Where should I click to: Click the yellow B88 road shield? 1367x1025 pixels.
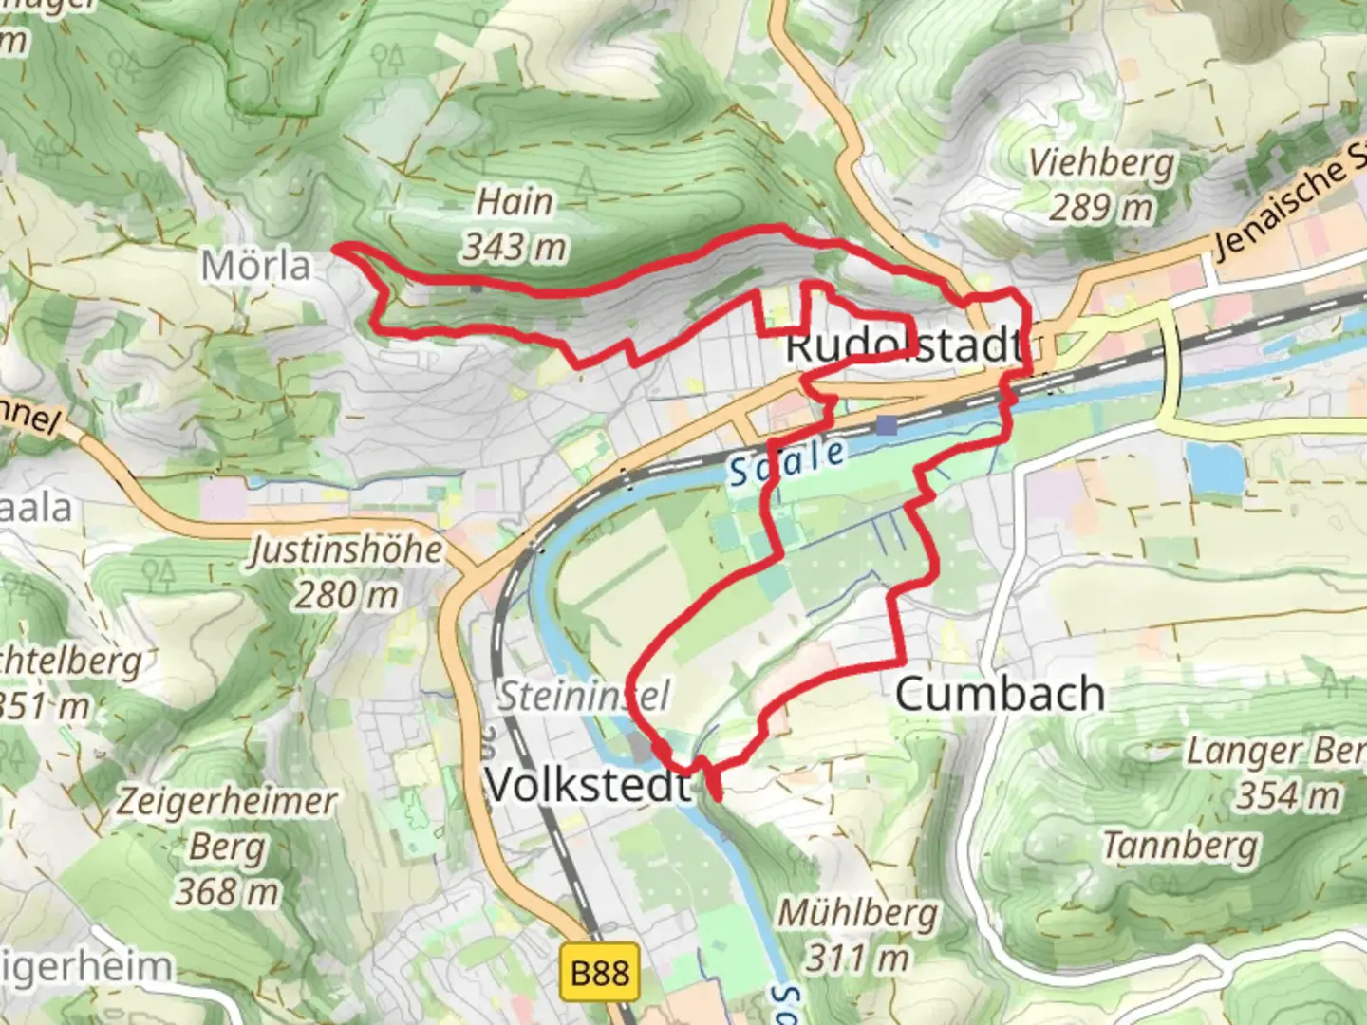click(600, 973)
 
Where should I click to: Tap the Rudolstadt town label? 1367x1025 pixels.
click(904, 345)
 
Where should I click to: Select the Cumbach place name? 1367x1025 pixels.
click(1000, 695)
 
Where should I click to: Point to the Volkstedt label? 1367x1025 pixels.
click(589, 785)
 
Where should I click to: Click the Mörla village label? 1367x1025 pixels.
click(256, 266)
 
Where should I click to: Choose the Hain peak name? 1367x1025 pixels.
click(515, 201)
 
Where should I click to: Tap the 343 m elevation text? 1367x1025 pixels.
click(515, 247)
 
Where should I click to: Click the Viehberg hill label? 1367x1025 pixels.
click(1101, 163)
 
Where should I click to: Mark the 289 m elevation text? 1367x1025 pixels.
click(1101, 207)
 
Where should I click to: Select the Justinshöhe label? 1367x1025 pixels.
click(346, 550)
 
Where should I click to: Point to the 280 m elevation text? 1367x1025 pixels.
click(346, 595)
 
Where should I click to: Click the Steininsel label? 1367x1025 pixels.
click(584, 696)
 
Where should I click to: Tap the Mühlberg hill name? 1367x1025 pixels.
click(858, 913)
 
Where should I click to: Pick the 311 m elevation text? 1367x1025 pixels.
click(858, 959)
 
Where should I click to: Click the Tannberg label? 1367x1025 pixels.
click(1180, 844)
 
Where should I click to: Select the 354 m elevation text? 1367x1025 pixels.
click(1288, 795)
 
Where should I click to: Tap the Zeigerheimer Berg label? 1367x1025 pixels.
click(226, 823)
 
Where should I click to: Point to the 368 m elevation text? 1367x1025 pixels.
click(226, 891)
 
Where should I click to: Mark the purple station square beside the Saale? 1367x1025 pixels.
click(887, 424)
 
